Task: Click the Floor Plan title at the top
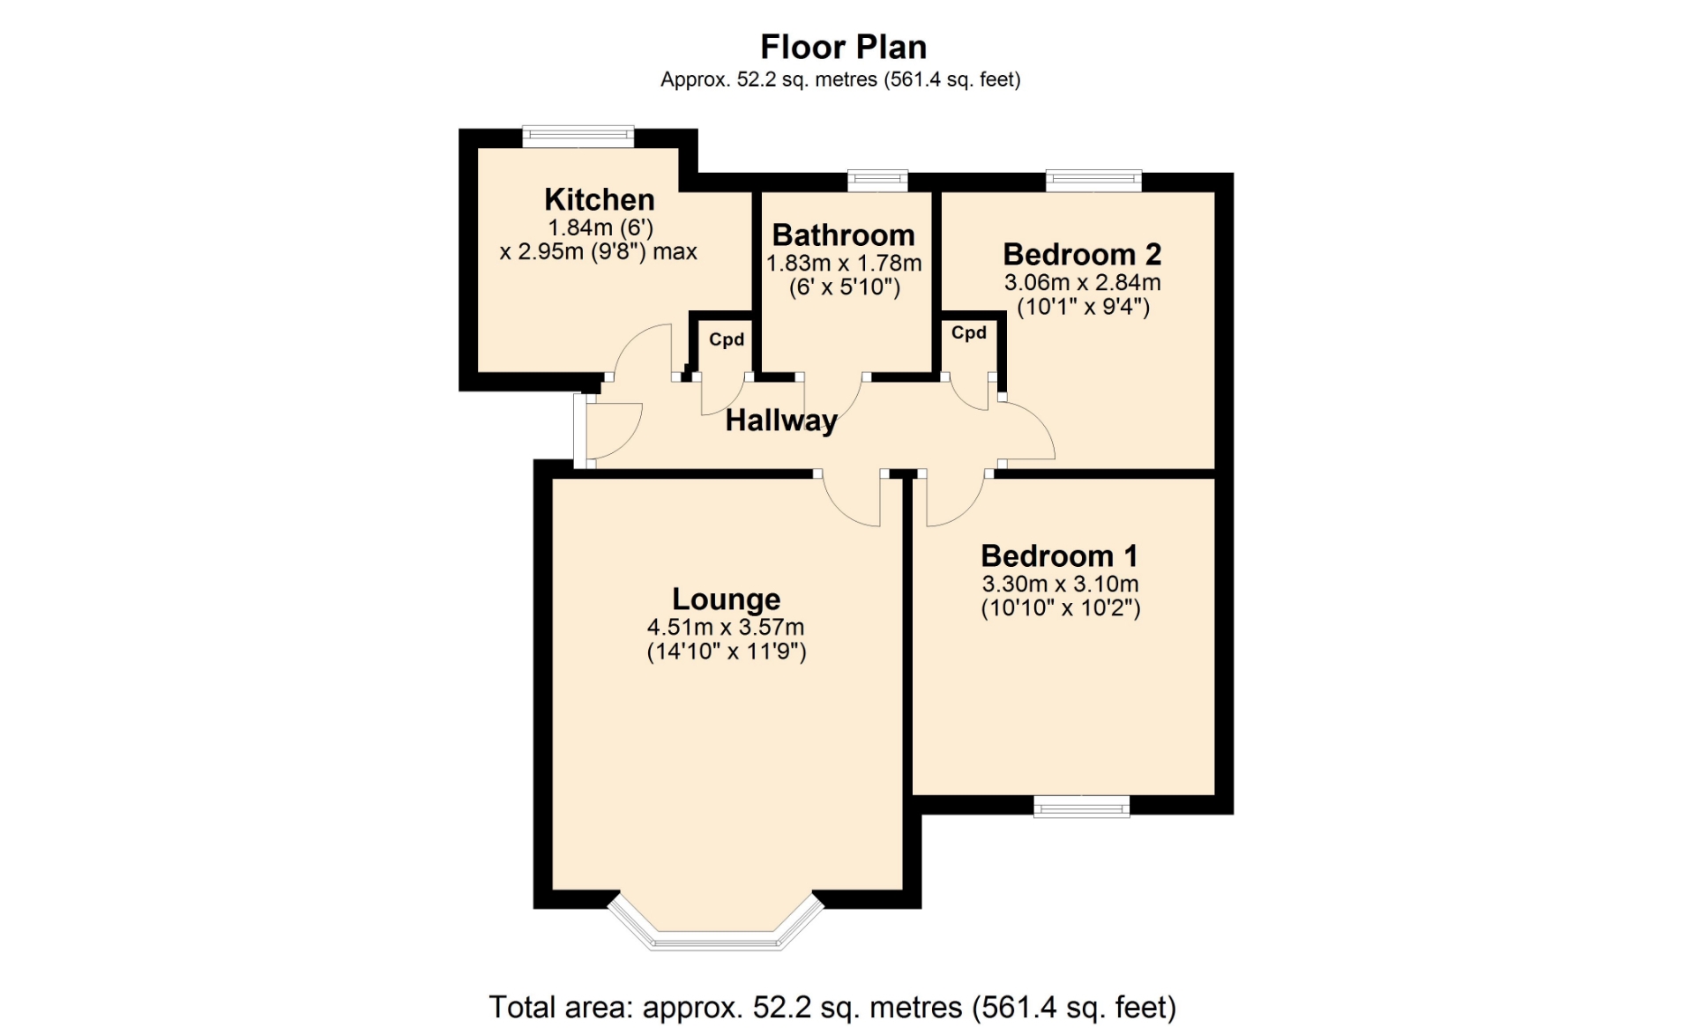click(843, 47)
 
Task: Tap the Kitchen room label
click(600, 199)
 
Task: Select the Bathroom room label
click(844, 235)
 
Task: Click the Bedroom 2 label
click(1082, 255)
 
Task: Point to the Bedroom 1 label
click(1059, 556)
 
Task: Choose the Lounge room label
click(727, 600)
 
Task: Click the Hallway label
click(781, 421)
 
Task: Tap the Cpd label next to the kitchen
click(727, 339)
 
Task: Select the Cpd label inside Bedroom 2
click(969, 333)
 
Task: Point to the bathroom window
click(877, 180)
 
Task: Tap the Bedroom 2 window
click(1093, 181)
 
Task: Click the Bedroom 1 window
click(1082, 806)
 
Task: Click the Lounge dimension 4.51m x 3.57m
click(726, 628)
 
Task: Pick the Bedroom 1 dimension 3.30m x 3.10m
click(1061, 585)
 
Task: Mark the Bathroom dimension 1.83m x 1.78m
click(844, 264)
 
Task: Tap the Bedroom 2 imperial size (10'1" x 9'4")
click(1083, 307)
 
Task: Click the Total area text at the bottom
click(832, 1007)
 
